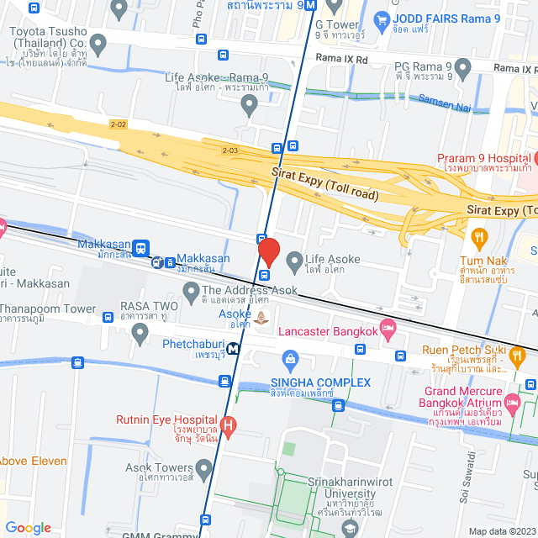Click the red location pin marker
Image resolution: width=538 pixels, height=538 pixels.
tap(268, 252)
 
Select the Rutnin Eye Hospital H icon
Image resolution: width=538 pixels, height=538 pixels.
tap(226, 422)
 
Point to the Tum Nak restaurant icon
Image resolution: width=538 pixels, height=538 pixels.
tap(480, 237)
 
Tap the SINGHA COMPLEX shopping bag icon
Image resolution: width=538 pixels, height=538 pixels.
tap(290, 361)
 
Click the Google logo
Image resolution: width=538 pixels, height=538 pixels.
tap(28, 527)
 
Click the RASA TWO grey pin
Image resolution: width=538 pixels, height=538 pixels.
tap(140, 334)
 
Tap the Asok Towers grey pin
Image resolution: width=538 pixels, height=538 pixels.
tap(204, 467)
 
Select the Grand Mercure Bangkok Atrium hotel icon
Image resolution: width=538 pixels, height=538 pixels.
tap(513, 398)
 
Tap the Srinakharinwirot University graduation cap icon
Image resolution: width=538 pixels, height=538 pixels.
tap(350, 527)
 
